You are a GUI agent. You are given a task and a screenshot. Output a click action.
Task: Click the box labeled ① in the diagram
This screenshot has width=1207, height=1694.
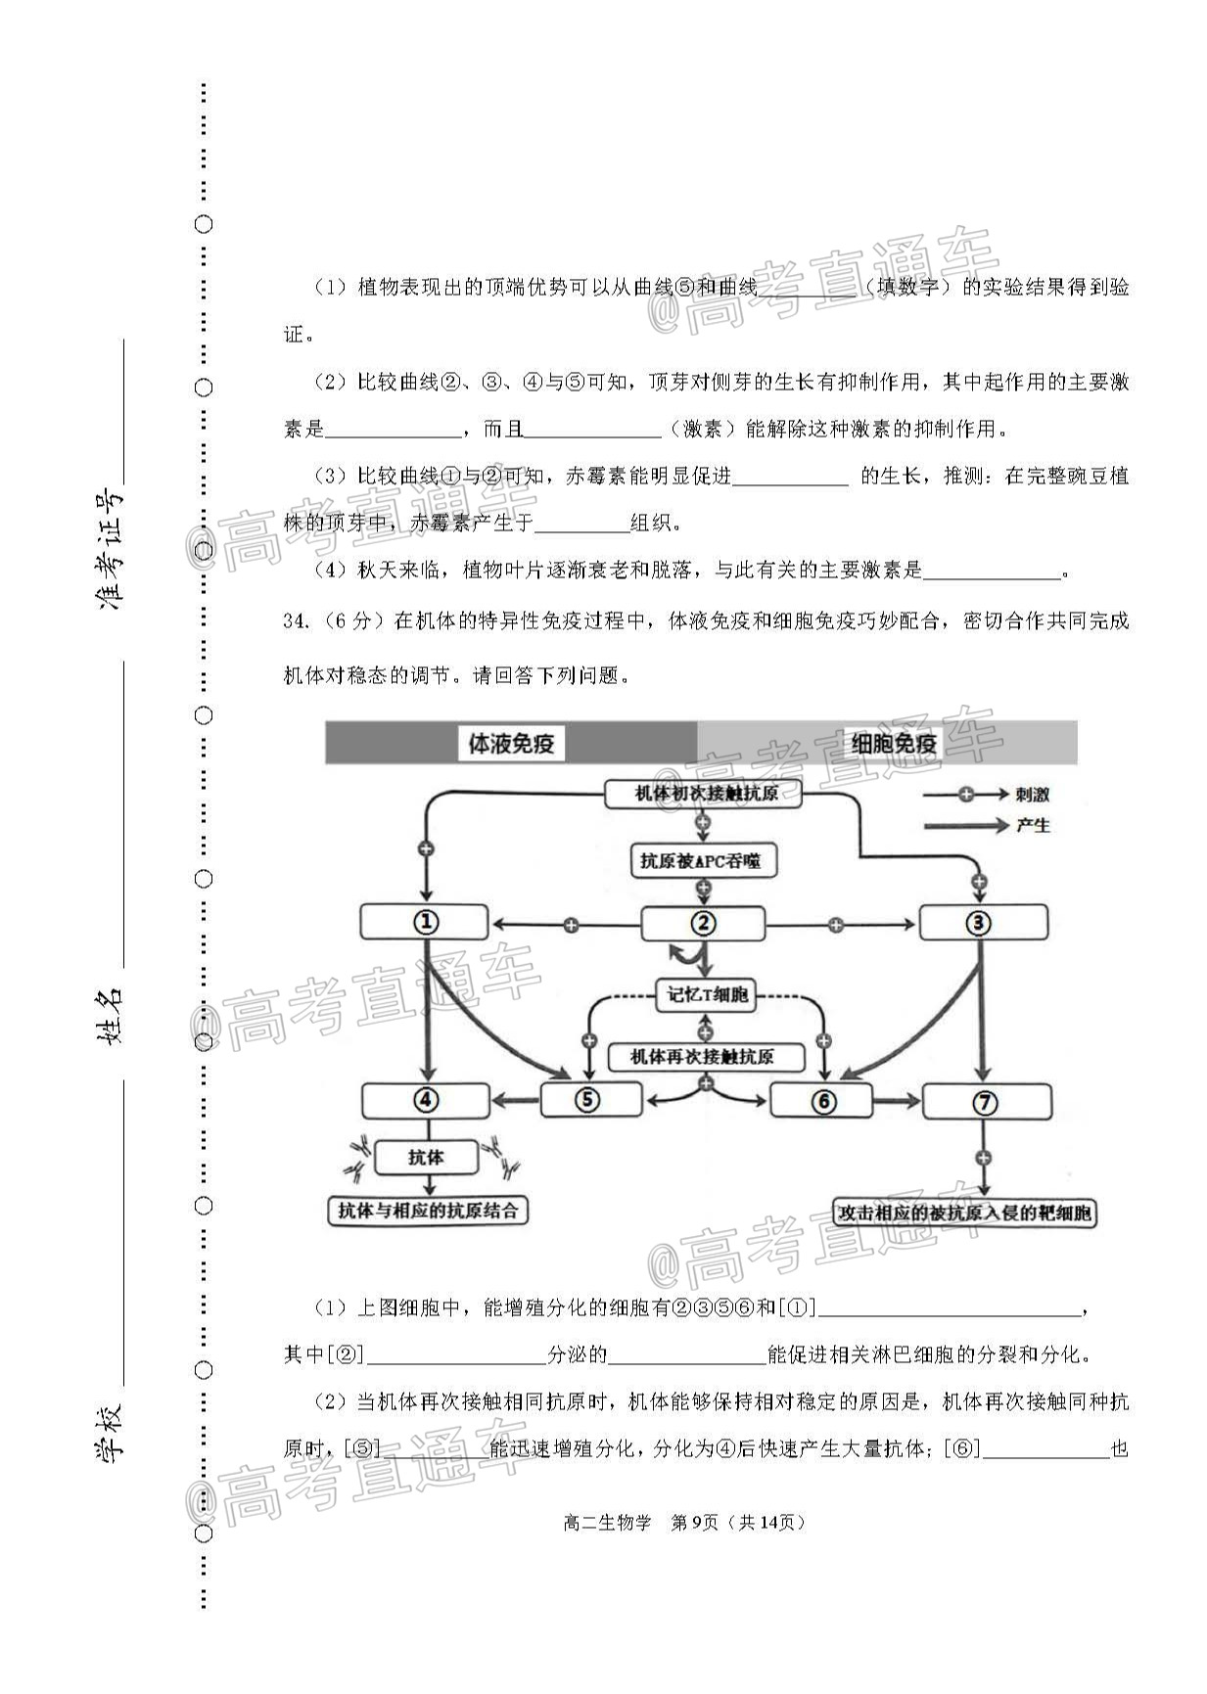pos(424,922)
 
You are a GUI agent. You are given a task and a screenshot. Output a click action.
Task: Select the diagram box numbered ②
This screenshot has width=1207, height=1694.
pos(703,923)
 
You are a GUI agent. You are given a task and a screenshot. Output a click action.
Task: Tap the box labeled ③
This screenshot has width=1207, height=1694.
pos(982,922)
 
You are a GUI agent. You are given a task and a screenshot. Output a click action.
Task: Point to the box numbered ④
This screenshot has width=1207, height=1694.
pos(425,1101)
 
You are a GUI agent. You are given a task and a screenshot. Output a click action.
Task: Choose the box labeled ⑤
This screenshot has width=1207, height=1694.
pos(591,1100)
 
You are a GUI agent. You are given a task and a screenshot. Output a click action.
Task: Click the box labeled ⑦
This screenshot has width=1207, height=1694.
pos(987,1102)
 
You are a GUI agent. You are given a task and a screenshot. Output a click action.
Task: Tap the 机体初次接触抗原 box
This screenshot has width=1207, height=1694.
pos(704,794)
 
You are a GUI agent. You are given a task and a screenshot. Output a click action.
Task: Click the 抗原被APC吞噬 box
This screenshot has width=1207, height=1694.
pos(701,861)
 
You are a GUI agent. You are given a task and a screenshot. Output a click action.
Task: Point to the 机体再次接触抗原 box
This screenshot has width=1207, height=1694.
pos(704,1057)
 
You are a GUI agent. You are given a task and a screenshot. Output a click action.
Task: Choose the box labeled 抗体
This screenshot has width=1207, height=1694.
pos(426,1157)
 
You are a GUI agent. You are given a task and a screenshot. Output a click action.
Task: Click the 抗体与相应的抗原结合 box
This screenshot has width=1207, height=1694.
pos(428,1211)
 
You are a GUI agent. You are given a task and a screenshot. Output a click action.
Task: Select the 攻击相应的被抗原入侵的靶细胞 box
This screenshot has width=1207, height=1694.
pos(965,1213)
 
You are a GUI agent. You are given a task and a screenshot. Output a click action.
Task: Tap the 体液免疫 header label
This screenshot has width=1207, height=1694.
pos(511,744)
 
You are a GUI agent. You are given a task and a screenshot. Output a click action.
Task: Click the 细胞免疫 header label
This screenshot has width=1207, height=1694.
pos(894,744)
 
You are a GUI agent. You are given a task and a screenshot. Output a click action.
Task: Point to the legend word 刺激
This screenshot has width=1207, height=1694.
pos(1033,795)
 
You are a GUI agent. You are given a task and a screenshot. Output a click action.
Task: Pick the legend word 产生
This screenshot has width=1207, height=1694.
pos(1033,826)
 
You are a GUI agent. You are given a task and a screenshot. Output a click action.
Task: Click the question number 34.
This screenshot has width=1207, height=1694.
pos(297,621)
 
